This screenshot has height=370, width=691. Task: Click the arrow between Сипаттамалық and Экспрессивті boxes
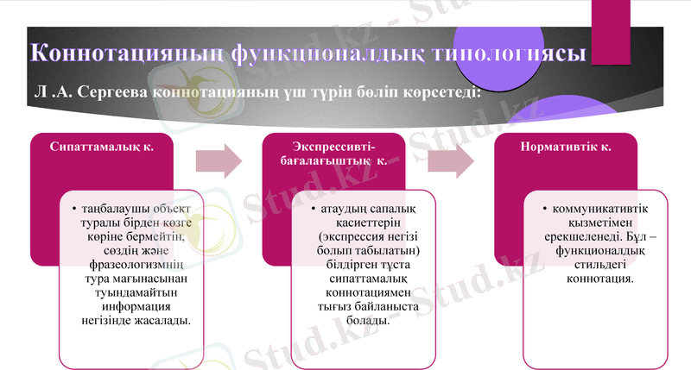tap(219, 160)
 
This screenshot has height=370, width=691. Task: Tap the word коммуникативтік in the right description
tap(601, 209)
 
